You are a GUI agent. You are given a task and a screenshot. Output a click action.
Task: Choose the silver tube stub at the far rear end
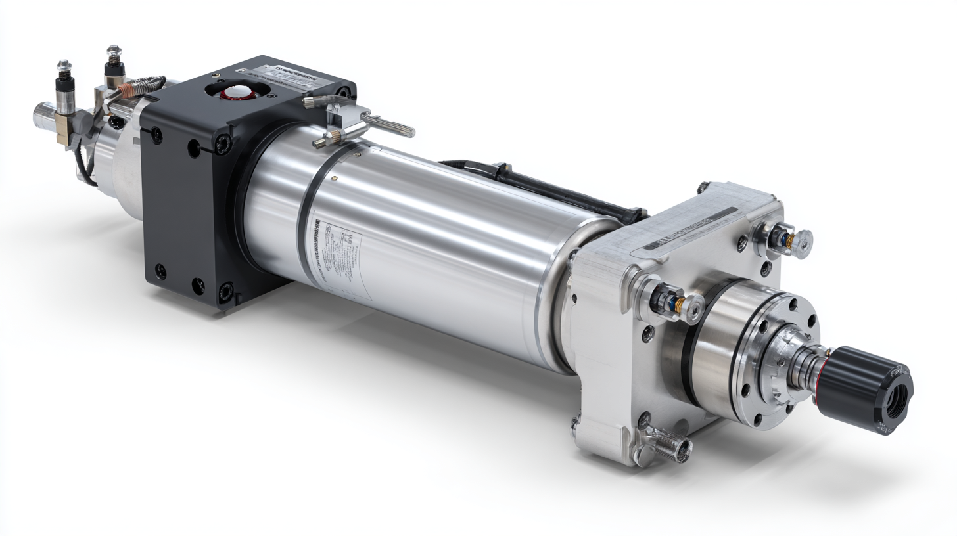pos(45,117)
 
